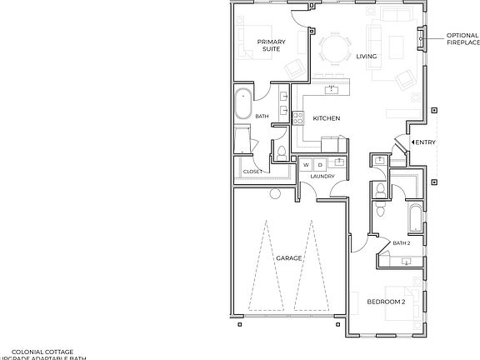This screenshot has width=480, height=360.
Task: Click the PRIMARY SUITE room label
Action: pyautogui.click(x=271, y=45)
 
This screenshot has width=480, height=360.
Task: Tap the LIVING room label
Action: pyautogui.click(x=366, y=57)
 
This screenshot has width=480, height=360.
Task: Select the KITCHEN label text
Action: pyautogui.click(x=326, y=118)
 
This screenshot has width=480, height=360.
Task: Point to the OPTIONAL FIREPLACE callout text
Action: pyautogui.click(x=462, y=38)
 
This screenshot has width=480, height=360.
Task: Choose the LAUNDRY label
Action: pyautogui.click(x=322, y=177)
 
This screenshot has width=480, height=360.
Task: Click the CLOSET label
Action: pyautogui.click(x=252, y=172)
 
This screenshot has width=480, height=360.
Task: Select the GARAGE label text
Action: pyautogui.click(x=288, y=259)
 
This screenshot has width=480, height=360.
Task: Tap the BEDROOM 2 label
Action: pyautogui.click(x=386, y=301)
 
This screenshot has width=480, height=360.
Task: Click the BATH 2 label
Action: pyautogui.click(x=401, y=242)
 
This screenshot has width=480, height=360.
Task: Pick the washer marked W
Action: pyautogui.click(x=307, y=164)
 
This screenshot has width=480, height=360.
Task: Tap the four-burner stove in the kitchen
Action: pyautogui.click(x=297, y=118)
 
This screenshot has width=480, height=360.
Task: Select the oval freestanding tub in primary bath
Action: pyautogui.click(x=242, y=102)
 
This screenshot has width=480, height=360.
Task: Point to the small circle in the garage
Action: pyautogui.click(x=274, y=194)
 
